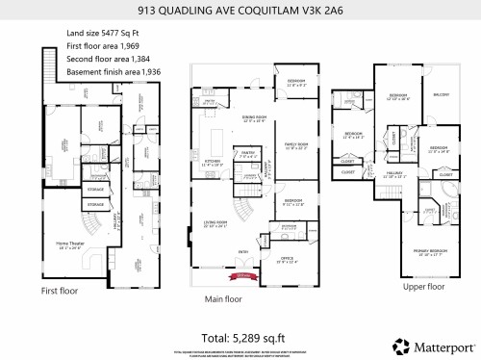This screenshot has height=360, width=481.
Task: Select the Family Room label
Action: (294, 146)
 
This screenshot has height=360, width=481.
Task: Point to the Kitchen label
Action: (211, 165)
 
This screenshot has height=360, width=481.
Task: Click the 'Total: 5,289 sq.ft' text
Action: (239, 338)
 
